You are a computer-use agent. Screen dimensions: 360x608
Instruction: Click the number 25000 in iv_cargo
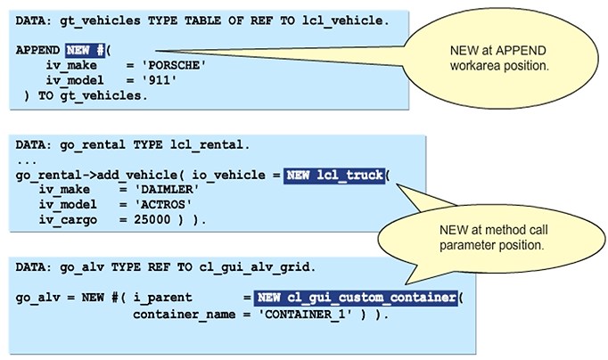[151, 219]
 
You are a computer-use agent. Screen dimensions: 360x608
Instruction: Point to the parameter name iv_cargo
[68, 219]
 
